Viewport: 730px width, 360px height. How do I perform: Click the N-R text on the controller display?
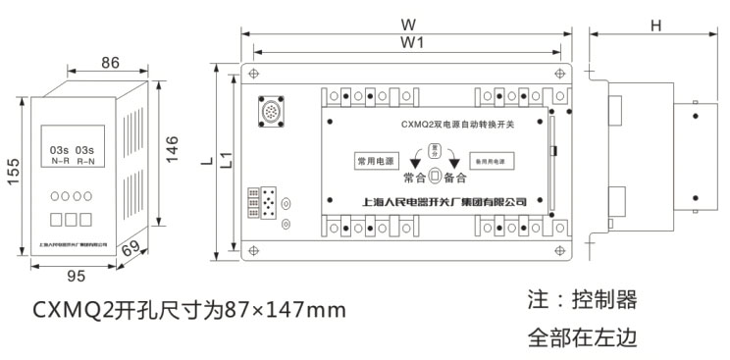tap(60, 160)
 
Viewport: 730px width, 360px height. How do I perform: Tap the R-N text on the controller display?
tap(85, 160)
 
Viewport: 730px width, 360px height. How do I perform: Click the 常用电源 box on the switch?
tap(373, 160)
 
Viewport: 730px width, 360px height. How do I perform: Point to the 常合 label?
tap(414, 179)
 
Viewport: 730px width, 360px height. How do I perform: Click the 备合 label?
tap(454, 179)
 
